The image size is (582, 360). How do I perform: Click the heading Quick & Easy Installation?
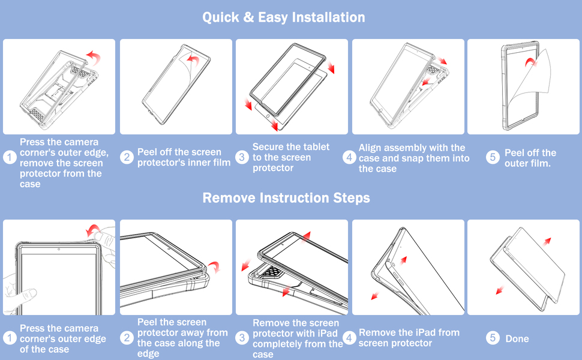284,17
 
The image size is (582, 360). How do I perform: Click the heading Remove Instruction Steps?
286,198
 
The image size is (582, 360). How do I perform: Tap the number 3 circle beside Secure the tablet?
242,157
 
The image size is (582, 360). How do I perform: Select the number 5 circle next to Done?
493,338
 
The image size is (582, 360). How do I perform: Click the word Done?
517,338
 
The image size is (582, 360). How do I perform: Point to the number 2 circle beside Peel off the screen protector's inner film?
127,157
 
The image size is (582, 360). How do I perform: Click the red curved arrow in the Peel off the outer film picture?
531,62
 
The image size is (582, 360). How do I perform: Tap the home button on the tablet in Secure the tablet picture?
268,116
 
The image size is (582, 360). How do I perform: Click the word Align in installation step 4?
370,148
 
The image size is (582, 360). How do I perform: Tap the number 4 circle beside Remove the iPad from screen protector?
349,338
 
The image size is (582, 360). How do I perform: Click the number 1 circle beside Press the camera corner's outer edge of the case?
10,338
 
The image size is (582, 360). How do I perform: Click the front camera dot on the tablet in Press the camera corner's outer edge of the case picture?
59,249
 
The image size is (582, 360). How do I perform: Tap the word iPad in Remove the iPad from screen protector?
421,333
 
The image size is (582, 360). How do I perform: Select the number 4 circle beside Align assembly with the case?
349,157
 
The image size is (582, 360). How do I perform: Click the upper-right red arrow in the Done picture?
547,242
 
